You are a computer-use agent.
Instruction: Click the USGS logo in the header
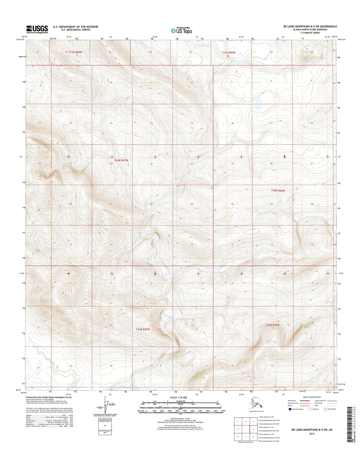[x=37, y=29]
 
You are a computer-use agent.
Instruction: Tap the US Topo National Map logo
[x=181, y=30]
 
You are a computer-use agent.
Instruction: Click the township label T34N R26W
[x=278, y=191]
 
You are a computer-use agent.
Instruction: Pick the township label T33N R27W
[x=143, y=329]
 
